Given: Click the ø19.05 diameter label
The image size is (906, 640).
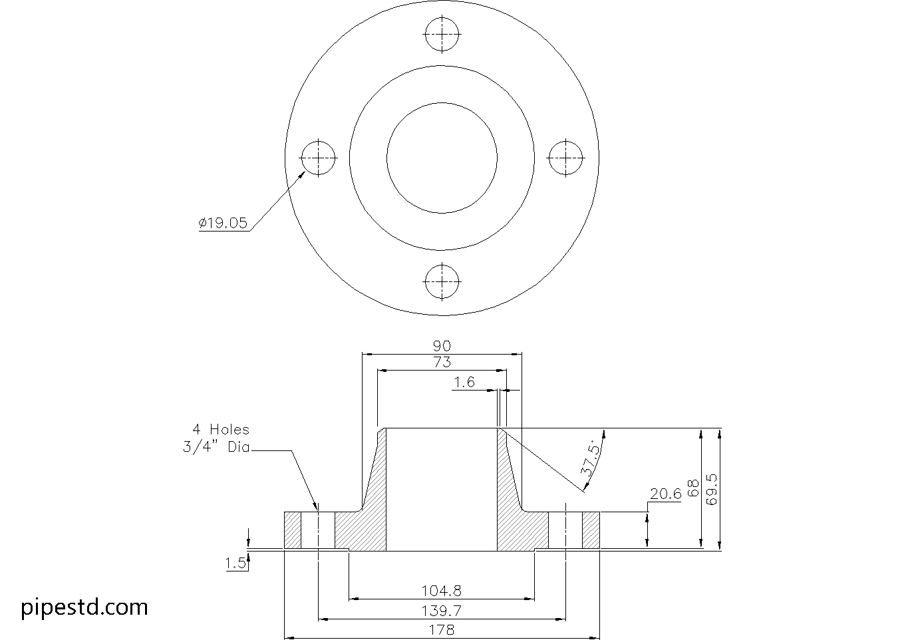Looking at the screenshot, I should (x=223, y=224).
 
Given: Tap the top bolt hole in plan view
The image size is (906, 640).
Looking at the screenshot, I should (x=442, y=34).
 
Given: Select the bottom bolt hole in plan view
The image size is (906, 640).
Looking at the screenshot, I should (x=442, y=281).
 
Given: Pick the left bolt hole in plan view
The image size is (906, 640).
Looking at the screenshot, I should (x=319, y=158).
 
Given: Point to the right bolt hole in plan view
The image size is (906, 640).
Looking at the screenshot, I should (x=565, y=158).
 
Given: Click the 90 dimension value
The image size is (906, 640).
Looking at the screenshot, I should (x=442, y=346).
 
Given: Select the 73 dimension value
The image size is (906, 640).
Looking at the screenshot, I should (x=442, y=363).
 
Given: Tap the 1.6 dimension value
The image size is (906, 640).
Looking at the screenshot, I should (x=464, y=382).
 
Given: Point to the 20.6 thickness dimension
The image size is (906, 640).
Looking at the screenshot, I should (x=665, y=494).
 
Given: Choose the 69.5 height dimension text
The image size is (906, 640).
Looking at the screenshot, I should (x=712, y=490).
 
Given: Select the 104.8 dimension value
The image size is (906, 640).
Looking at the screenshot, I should (x=442, y=590).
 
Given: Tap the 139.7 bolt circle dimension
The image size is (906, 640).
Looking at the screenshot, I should (x=442, y=611).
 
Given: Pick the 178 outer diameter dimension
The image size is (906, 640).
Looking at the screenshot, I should (x=442, y=629).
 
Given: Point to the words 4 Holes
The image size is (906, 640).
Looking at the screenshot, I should (x=220, y=430).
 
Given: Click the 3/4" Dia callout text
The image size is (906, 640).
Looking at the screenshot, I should (x=216, y=447).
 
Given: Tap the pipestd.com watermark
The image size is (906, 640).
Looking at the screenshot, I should (x=84, y=607).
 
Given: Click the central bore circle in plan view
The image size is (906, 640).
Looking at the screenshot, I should (x=442, y=158).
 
